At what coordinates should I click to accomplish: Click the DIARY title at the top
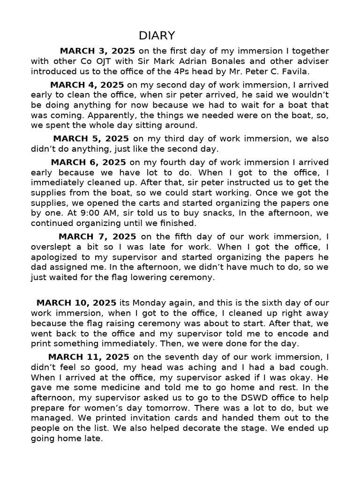[x=157, y=36]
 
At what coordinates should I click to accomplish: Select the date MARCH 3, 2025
[x=97, y=51]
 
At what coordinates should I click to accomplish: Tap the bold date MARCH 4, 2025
[x=87, y=85]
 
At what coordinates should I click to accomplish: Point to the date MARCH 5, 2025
[x=91, y=139]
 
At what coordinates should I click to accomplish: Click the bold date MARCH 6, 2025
[x=89, y=163]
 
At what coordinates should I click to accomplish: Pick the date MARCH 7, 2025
[x=97, y=237]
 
